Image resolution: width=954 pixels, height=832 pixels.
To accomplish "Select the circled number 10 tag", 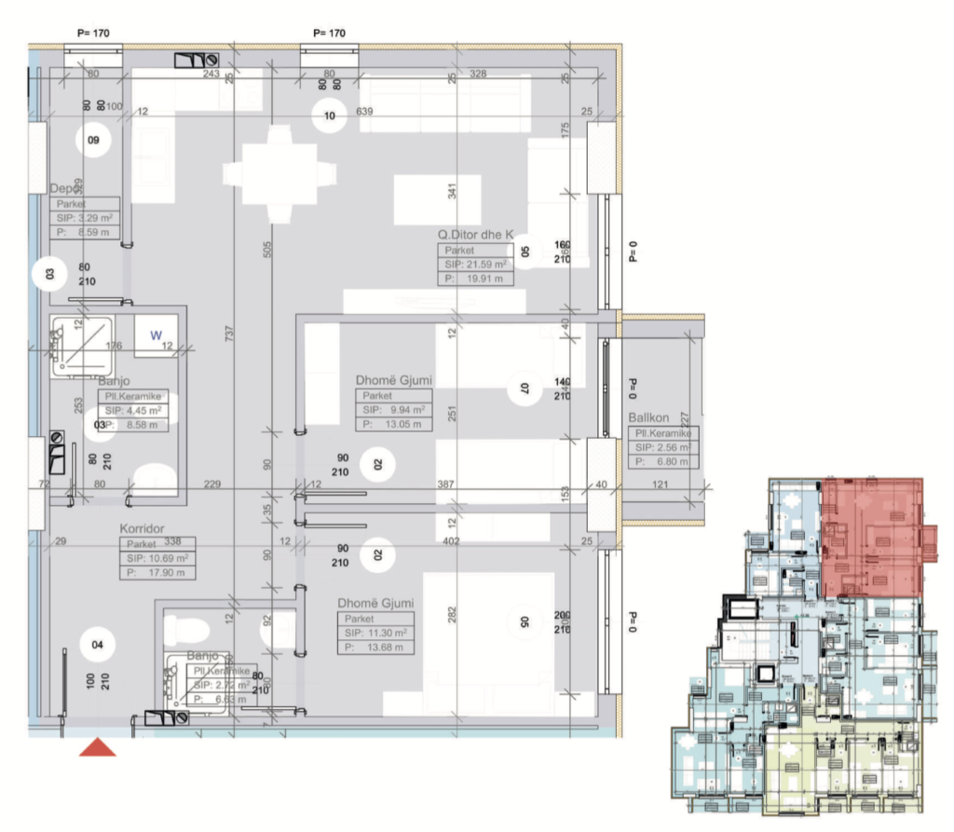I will (x=329, y=116).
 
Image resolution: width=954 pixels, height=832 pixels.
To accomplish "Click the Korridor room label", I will (x=142, y=529).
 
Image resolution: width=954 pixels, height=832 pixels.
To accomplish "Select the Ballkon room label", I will (x=648, y=419).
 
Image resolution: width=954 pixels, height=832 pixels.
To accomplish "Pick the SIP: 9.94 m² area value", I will (x=392, y=410).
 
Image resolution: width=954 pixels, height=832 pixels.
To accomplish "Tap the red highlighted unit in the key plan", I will (x=872, y=538).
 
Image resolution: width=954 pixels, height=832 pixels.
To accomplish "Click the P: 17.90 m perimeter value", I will (x=157, y=572).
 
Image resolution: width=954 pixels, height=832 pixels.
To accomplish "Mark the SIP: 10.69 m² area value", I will (x=157, y=558).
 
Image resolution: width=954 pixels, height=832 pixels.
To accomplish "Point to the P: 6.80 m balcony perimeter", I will (x=661, y=461).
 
